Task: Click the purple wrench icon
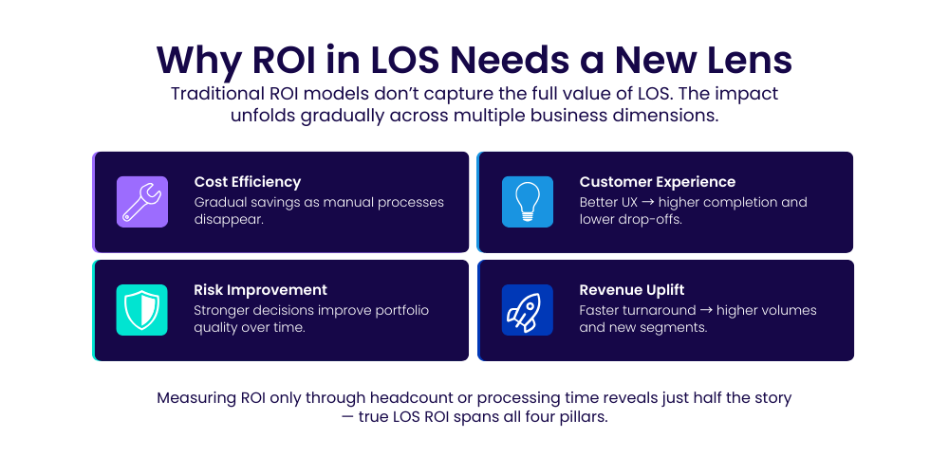142,202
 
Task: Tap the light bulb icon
527,202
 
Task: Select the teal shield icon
141,310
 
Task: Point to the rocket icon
527,310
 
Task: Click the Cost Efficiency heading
248,182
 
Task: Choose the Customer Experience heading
658,182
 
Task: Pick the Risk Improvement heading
260,289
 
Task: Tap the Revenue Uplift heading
632,289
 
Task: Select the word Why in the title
198,61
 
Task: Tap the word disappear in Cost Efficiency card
229,220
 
